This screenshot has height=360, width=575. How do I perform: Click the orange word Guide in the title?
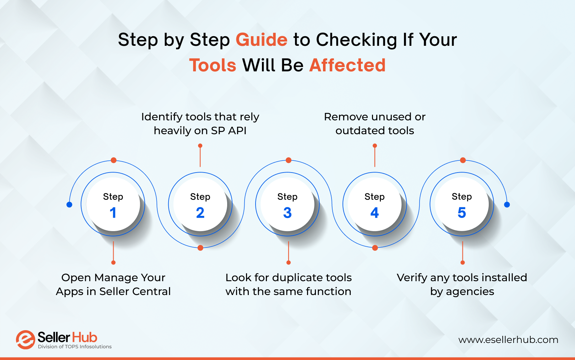pos(261,40)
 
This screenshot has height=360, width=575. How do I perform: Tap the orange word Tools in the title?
pos(213,66)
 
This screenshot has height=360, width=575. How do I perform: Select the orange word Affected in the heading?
pos(347,66)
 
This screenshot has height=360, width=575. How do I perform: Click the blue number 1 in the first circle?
pos(113,213)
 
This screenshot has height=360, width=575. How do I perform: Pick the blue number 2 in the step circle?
pos(200,213)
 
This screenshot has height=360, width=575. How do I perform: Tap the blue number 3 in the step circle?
pos(287,213)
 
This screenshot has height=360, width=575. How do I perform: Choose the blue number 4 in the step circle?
pos(374,213)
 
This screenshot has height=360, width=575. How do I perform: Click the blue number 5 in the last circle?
pos(461,213)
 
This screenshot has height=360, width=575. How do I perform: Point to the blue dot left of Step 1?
pos(70,204)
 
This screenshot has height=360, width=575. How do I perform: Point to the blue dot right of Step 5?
pos(507,204)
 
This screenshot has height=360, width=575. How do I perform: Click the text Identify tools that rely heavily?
pos(200,124)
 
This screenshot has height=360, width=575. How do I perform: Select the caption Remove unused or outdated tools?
pos(374,124)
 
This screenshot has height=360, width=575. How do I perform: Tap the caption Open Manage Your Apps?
pos(113,284)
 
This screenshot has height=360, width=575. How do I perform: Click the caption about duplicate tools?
pos(288,284)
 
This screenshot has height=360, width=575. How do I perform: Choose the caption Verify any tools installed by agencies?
pos(462,284)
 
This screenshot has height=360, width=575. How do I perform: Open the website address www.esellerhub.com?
pos(508,340)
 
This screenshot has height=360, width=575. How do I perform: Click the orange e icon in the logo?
pos(25,340)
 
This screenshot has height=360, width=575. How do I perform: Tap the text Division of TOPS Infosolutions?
pos(75,347)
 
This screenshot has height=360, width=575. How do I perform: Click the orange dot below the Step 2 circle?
pos(200,248)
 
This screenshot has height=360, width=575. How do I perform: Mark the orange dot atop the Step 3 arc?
pos(289,160)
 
